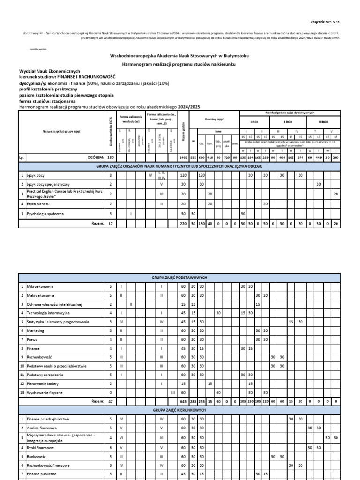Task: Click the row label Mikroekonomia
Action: click(x=40, y=286)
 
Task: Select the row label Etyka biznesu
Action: click(x=38, y=204)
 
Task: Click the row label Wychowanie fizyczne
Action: click(x=45, y=392)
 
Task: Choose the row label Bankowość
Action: click(x=37, y=456)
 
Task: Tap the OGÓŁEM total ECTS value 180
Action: click(x=111, y=158)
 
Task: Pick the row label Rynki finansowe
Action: click(x=41, y=448)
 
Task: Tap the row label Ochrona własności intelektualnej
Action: click(x=55, y=304)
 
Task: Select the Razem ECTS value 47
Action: click(x=111, y=402)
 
